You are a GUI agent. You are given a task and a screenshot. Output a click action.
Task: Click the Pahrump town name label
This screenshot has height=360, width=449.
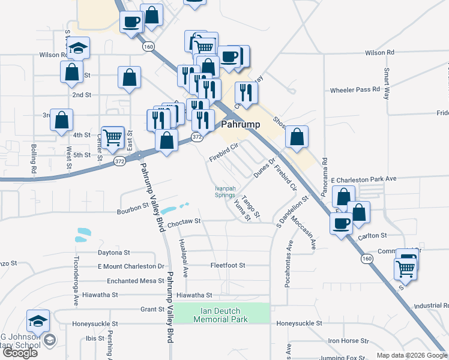tap(240, 125)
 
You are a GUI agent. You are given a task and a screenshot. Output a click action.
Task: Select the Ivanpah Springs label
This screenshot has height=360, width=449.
tap(225, 191)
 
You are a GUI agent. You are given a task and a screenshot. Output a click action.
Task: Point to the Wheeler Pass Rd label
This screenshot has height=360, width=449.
tap(355, 90)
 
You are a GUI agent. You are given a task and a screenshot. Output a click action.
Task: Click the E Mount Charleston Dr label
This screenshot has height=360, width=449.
tap(131, 266)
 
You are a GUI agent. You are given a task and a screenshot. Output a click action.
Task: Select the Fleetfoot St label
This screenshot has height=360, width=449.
tap(228, 265)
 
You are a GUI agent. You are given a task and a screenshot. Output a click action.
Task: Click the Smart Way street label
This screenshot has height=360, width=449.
tap(387, 83)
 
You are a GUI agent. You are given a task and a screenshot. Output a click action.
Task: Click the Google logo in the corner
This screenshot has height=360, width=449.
tap(20, 352)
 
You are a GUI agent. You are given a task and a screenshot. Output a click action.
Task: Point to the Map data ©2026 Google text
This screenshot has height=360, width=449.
tap(412, 355)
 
